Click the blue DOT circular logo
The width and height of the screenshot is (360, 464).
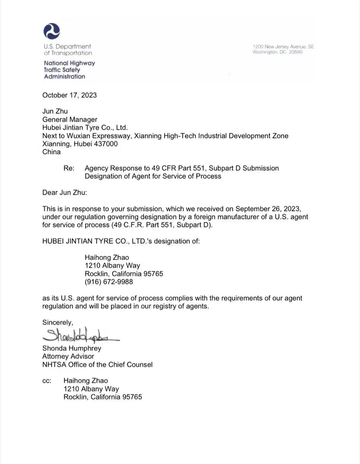pyautogui.click(x=52, y=31)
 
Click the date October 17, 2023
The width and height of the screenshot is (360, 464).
pyautogui.click(x=70, y=95)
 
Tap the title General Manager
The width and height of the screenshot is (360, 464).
pyautogui.click(x=70, y=119)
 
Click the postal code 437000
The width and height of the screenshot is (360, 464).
pyautogui.click(x=106, y=144)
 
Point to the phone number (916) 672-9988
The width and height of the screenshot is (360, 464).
pyautogui.click(x=109, y=282)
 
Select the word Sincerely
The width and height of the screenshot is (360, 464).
pyautogui.click(x=57, y=323)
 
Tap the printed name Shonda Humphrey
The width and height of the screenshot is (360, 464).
pyautogui.click(x=72, y=348)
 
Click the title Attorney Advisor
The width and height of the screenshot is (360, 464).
pyautogui.click(x=68, y=356)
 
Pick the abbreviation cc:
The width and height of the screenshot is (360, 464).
pyautogui.click(x=47, y=381)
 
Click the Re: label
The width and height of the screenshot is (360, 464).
pyautogui.click(x=69, y=168)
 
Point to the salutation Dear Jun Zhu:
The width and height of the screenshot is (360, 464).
pyautogui.click(x=65, y=192)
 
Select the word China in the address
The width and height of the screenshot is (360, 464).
pyautogui.click(x=51, y=152)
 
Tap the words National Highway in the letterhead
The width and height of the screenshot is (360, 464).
pyautogui.click(x=70, y=63)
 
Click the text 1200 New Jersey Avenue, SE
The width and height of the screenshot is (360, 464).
pyautogui.click(x=283, y=46)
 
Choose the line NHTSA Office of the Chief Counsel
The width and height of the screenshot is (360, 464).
pyautogui.click(x=97, y=364)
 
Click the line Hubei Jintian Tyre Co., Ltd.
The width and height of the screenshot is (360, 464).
pyautogui.click(x=85, y=127)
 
